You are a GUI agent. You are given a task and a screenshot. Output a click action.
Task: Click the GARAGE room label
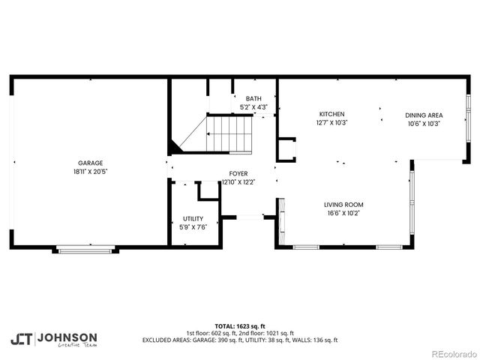tap(91, 163)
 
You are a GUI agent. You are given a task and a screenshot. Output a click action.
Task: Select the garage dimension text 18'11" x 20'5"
tap(91, 171)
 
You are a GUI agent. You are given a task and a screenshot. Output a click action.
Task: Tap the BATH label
tap(253, 99)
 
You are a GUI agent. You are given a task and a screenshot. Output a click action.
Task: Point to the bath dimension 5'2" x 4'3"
tap(253, 107)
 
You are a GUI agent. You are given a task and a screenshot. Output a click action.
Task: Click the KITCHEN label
tap(331, 114)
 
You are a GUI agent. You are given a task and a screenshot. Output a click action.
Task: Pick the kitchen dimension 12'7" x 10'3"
tap(331, 122)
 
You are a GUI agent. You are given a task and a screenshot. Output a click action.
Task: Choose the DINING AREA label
tap(423, 115)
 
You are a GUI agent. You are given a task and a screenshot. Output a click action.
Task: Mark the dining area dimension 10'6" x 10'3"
tap(423, 123)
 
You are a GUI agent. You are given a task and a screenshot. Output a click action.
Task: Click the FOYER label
tap(238, 173)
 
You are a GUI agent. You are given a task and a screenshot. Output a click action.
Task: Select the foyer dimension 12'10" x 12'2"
tap(238, 181)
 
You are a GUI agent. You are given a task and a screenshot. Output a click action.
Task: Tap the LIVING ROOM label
tap(343, 205)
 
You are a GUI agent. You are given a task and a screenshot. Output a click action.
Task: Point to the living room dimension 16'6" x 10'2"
tap(343, 213)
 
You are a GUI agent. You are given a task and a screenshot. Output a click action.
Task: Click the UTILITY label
tap(193, 219)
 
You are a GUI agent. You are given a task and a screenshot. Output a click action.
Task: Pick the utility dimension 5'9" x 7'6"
tap(193, 227)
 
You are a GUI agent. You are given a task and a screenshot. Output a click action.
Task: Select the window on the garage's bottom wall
tap(85, 250)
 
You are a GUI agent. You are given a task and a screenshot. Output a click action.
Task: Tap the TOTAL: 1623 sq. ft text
tap(239, 327)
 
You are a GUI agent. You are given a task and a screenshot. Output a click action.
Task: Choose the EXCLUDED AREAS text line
tap(239, 340)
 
